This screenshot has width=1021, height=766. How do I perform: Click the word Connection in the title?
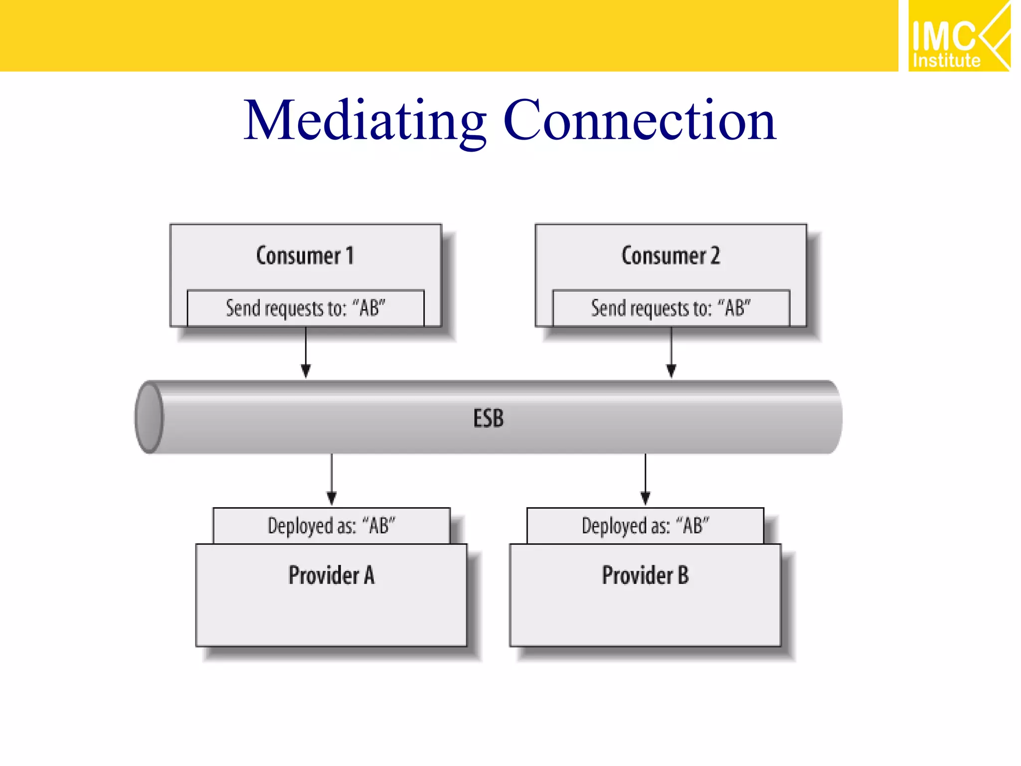click(x=640, y=121)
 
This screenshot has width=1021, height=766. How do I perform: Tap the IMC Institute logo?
click(x=958, y=36)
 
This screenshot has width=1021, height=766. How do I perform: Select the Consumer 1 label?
click(x=305, y=256)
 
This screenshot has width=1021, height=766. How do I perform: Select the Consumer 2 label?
click(x=671, y=256)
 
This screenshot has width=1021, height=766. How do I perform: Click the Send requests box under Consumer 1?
click(x=306, y=308)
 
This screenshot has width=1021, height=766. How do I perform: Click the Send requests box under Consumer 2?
click(x=671, y=308)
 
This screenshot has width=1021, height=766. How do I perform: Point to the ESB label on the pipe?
click(x=489, y=418)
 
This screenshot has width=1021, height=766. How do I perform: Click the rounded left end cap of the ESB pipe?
click(x=149, y=417)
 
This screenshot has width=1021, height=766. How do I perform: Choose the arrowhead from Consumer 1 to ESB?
click(x=306, y=371)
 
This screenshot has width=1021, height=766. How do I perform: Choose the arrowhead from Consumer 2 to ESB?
click(x=671, y=371)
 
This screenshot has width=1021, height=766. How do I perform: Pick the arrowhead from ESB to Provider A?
click(x=332, y=498)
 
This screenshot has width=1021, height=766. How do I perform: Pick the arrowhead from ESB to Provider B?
click(x=645, y=498)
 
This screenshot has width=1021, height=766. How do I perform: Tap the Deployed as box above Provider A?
click(x=332, y=526)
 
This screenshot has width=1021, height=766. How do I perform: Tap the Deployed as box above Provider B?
click(x=645, y=526)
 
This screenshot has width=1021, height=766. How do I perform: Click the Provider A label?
click(x=332, y=575)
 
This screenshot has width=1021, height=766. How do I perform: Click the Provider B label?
click(x=645, y=575)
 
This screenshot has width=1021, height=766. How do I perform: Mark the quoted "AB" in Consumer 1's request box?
click(x=369, y=308)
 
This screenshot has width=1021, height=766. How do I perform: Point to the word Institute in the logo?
click(x=946, y=61)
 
